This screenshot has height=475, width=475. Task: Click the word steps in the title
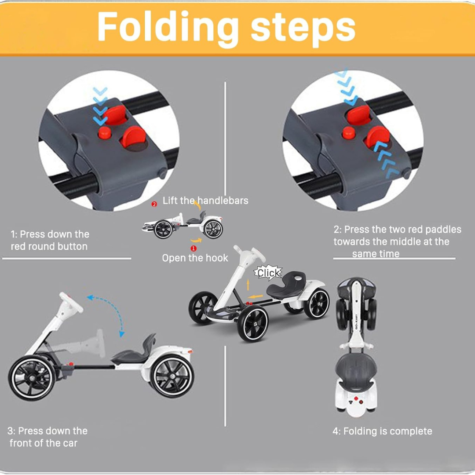click(303, 27)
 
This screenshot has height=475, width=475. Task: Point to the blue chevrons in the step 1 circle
click(101, 106)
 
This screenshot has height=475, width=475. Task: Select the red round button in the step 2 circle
click(349, 132)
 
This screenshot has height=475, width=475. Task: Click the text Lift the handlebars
click(205, 201)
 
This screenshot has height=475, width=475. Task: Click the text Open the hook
click(195, 258)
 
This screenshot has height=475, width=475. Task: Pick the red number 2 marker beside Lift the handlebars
click(154, 204)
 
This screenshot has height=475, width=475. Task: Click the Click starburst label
click(268, 273)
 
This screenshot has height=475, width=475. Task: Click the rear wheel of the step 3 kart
click(172, 376)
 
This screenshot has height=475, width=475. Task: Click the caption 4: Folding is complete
click(382, 431)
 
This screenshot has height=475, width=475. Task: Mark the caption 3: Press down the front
click(47, 437)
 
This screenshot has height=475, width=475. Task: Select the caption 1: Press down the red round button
click(50, 240)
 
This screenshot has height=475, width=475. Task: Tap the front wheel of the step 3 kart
click(32, 377)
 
